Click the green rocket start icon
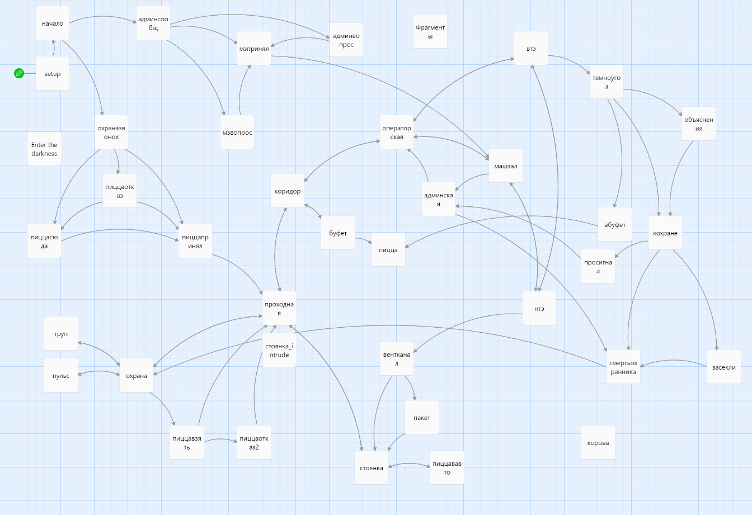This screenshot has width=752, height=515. click(19, 73)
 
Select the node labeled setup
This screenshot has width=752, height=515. click(53, 73)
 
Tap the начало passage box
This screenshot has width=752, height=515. click(53, 23)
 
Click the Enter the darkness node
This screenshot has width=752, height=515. click(44, 149)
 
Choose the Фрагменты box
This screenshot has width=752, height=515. click(430, 32)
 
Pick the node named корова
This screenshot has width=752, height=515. click(598, 442)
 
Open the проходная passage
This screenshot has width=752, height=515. click(279, 308)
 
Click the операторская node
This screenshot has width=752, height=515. click(397, 133)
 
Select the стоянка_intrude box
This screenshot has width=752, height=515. click(279, 351)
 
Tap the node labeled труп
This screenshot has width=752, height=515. click(61, 333)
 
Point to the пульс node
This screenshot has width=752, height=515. click(61, 375)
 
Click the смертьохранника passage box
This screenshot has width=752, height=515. click(623, 367)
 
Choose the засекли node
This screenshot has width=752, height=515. click(724, 367)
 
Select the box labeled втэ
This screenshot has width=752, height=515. click(531, 49)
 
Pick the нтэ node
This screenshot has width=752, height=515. click(539, 308)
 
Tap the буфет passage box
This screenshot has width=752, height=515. click(338, 233)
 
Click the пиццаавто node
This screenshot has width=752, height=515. click(447, 467)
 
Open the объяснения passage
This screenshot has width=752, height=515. click(699, 124)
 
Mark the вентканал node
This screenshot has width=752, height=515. click(397, 358)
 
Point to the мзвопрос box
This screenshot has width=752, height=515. click(237, 133)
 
